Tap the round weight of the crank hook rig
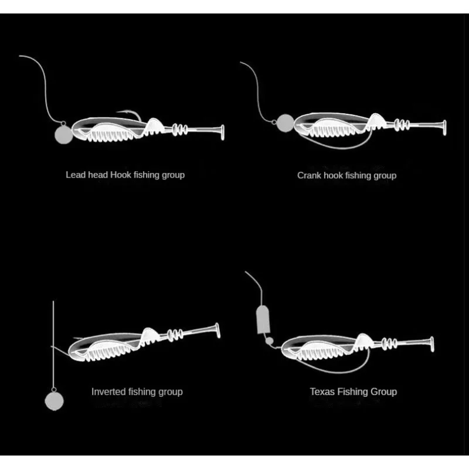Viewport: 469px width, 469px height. [286, 123]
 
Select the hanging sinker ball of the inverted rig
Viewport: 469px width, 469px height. [53, 400]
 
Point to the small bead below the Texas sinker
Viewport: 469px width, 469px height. [269, 341]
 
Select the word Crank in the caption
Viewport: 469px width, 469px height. [309, 175]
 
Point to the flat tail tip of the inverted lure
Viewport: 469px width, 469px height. [217, 331]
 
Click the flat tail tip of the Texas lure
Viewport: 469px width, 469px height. [433, 344]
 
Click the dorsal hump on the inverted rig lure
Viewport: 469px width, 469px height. [150, 336]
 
